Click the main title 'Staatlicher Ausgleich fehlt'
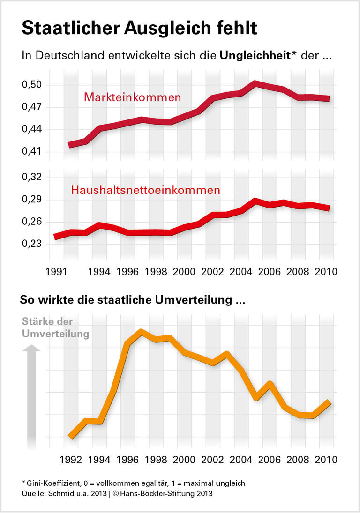[139, 28]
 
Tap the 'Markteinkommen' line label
[133, 98]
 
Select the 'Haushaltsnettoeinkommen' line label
[145, 190]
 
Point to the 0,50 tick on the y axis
[32, 85]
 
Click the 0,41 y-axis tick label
[32, 152]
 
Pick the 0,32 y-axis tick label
[32, 177]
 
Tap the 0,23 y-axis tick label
[32, 244]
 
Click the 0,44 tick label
[32, 129]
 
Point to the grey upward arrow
[31, 394]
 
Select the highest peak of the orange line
[141, 332]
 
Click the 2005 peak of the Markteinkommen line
[255, 84]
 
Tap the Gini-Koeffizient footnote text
[133, 483]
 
